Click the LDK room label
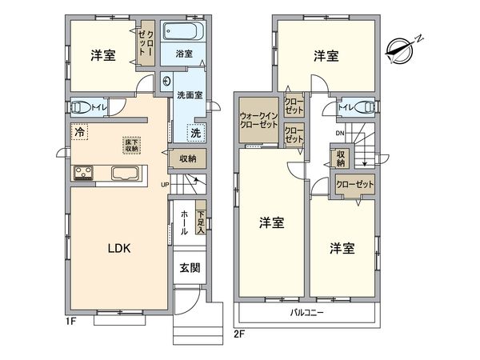[x=120, y=248]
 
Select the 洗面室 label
[x=189, y=94]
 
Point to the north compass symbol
[x=403, y=48]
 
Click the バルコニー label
[x=306, y=313]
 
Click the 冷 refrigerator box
[x=80, y=132]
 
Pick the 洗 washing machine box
[x=195, y=133]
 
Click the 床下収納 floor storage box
[x=130, y=145]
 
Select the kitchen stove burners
[x=84, y=174]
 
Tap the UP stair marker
[x=165, y=186]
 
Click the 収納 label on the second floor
[x=340, y=158]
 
